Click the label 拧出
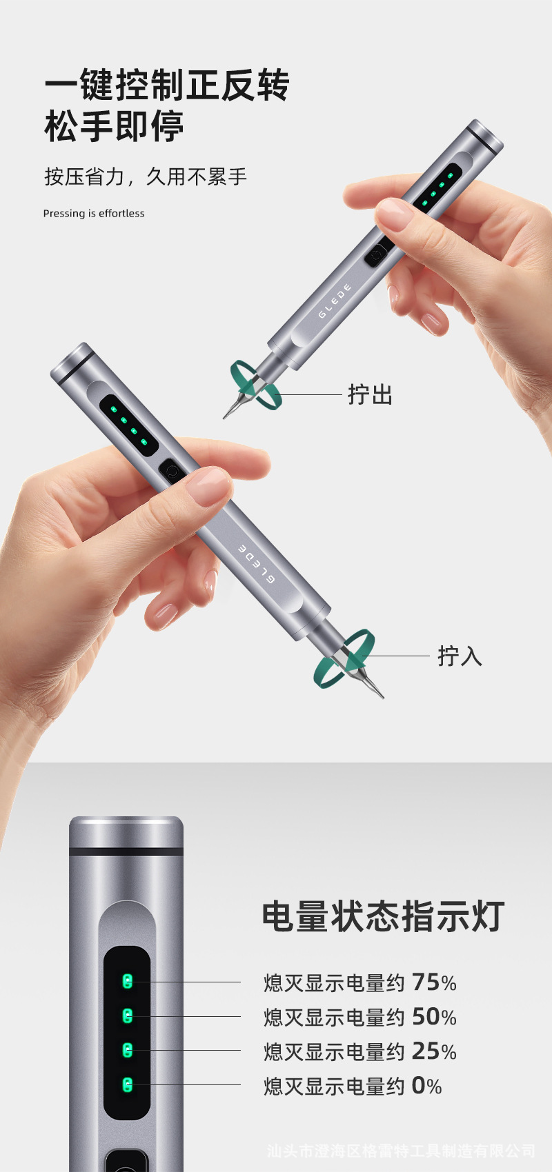[x=370, y=395]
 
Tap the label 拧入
[x=460, y=656]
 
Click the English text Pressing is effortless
[x=94, y=214]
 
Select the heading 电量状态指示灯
[x=383, y=917]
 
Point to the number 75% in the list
[x=434, y=982]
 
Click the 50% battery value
[x=434, y=1017]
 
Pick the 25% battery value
[x=434, y=1051]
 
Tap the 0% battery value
[x=426, y=1086]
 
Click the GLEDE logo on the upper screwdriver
[x=335, y=301]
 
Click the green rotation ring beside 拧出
[x=256, y=385]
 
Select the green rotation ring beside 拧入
[x=344, y=658]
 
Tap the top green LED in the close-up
[x=127, y=981]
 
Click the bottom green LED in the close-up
[x=127, y=1084]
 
